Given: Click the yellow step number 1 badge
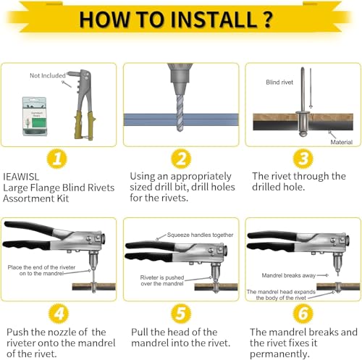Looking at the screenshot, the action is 57,159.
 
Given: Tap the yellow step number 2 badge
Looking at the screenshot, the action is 181,159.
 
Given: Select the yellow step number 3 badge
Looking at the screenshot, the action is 303,159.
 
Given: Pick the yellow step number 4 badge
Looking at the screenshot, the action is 59,313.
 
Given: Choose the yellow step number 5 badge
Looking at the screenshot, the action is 181,313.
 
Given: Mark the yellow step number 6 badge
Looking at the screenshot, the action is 303,313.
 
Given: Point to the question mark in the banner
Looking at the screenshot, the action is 267,20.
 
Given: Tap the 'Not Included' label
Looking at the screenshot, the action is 48,75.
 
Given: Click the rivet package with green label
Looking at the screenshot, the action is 34,116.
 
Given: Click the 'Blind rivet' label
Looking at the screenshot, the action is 279,83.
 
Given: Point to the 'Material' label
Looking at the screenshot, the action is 341,142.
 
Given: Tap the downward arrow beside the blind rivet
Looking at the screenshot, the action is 311,88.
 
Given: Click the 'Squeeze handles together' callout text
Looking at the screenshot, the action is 200,235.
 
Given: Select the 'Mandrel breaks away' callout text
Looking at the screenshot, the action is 289,275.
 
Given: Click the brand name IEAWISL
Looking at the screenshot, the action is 21,177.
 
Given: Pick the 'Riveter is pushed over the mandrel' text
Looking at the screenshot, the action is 162,280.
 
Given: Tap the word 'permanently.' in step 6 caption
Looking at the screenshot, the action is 279,354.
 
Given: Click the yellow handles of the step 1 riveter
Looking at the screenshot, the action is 84,125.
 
